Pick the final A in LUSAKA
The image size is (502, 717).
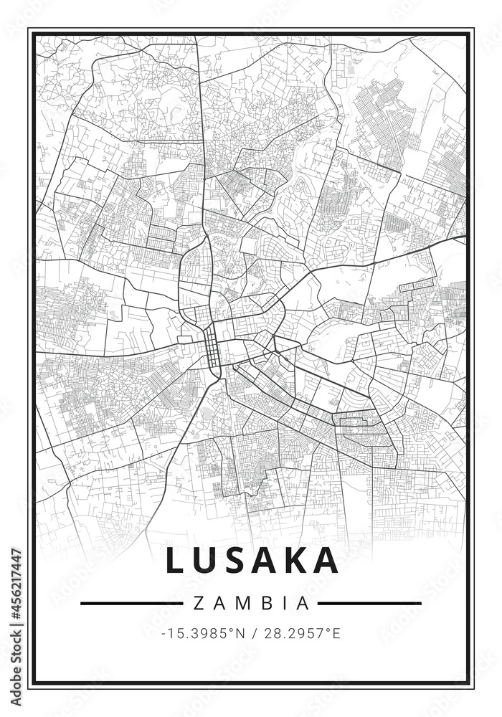tap(328, 561)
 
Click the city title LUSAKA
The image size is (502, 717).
tap(252, 561)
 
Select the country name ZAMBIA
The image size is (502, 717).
tap(251, 603)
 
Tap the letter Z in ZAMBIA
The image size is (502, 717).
tap(198, 603)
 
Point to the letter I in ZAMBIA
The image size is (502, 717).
tap(283, 603)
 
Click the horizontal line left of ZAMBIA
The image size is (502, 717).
tap(131, 603)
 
